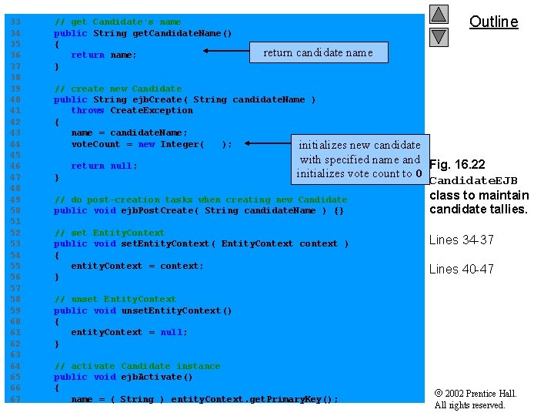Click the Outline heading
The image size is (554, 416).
tap(493, 22)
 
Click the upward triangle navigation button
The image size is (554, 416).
tap(439, 15)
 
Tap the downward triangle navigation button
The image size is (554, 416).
tap(439, 36)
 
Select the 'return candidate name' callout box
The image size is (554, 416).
tap(319, 52)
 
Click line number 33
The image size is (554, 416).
tap(16, 22)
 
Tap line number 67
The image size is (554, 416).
tap(16, 399)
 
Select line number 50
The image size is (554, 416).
tap(16, 210)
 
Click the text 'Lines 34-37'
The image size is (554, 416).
tap(461, 240)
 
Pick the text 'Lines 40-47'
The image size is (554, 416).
tap(461, 269)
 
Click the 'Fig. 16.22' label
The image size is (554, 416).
tap(457, 165)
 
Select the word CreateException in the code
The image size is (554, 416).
tap(152, 110)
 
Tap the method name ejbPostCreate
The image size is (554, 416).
tap(158, 210)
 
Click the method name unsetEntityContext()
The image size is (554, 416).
tap(176, 310)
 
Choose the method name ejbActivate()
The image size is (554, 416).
tap(157, 377)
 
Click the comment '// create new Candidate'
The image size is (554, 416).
tap(118, 89)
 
